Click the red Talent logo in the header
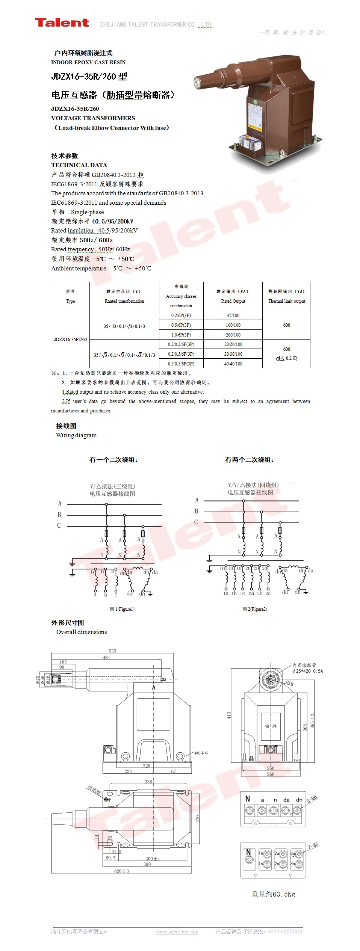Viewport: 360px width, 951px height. (62, 23)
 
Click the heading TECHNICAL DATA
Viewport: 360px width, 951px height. (79, 165)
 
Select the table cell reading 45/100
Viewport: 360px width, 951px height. (233, 315)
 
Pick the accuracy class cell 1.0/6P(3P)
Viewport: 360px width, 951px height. (181, 335)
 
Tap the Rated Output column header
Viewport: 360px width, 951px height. (233, 296)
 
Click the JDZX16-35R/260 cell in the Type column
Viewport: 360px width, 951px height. (70, 339)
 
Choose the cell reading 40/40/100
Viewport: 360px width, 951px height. (233, 364)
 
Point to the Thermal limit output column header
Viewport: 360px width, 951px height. (286, 296)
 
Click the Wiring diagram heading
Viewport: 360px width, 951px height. (76, 435)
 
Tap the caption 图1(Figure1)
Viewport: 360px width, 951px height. (122, 609)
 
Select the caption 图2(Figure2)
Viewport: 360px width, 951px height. (255, 609)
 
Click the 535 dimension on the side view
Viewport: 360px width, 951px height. (112, 651)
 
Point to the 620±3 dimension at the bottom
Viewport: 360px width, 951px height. (121, 871)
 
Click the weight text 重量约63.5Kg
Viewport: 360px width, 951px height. (273, 894)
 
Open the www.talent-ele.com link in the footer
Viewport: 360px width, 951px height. (177, 931)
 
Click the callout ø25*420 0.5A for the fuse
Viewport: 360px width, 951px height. (307, 671)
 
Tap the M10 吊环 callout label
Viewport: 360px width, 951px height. (201, 753)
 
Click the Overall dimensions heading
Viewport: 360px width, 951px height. (82, 632)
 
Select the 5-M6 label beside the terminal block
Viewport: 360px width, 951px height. (312, 799)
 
